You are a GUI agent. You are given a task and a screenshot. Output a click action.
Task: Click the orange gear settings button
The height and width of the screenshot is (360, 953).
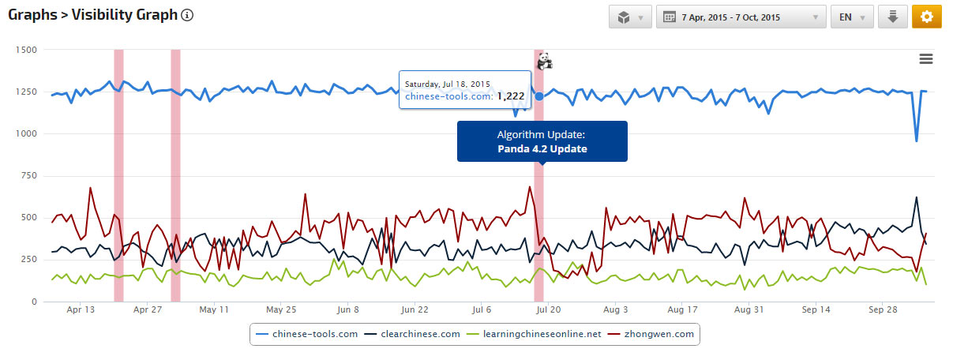pyautogui.click(x=926, y=17)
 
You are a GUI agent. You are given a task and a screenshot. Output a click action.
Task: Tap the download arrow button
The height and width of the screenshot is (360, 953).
pyautogui.click(x=892, y=17)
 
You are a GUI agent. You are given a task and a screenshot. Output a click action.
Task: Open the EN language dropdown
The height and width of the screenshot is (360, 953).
pyautogui.click(x=852, y=17)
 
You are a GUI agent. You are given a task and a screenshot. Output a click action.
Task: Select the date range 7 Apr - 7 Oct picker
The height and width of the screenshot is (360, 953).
pyautogui.click(x=741, y=17)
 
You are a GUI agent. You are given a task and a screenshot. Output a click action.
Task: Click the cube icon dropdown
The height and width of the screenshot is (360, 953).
pyautogui.click(x=630, y=17)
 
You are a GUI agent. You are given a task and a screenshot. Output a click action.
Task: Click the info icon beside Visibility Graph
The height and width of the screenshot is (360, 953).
pyautogui.click(x=187, y=16)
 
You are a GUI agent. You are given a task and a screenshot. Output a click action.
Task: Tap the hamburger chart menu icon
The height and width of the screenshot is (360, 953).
pyautogui.click(x=926, y=59)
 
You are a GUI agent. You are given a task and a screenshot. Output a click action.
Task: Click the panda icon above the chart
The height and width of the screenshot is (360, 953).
pyautogui.click(x=543, y=60)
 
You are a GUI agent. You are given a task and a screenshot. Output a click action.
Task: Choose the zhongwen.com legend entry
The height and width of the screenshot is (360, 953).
pyautogui.click(x=656, y=334)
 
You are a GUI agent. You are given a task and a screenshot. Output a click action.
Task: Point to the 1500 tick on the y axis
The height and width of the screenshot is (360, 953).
pyautogui.click(x=27, y=50)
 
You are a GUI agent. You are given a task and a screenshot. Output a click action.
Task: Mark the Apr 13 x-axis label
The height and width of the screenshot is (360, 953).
pyautogui.click(x=81, y=310)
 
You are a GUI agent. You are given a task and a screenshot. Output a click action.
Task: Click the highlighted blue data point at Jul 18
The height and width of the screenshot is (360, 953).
pyautogui.click(x=539, y=96)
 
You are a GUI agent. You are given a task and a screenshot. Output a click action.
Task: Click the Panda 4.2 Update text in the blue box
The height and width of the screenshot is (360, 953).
pyautogui.click(x=542, y=148)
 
